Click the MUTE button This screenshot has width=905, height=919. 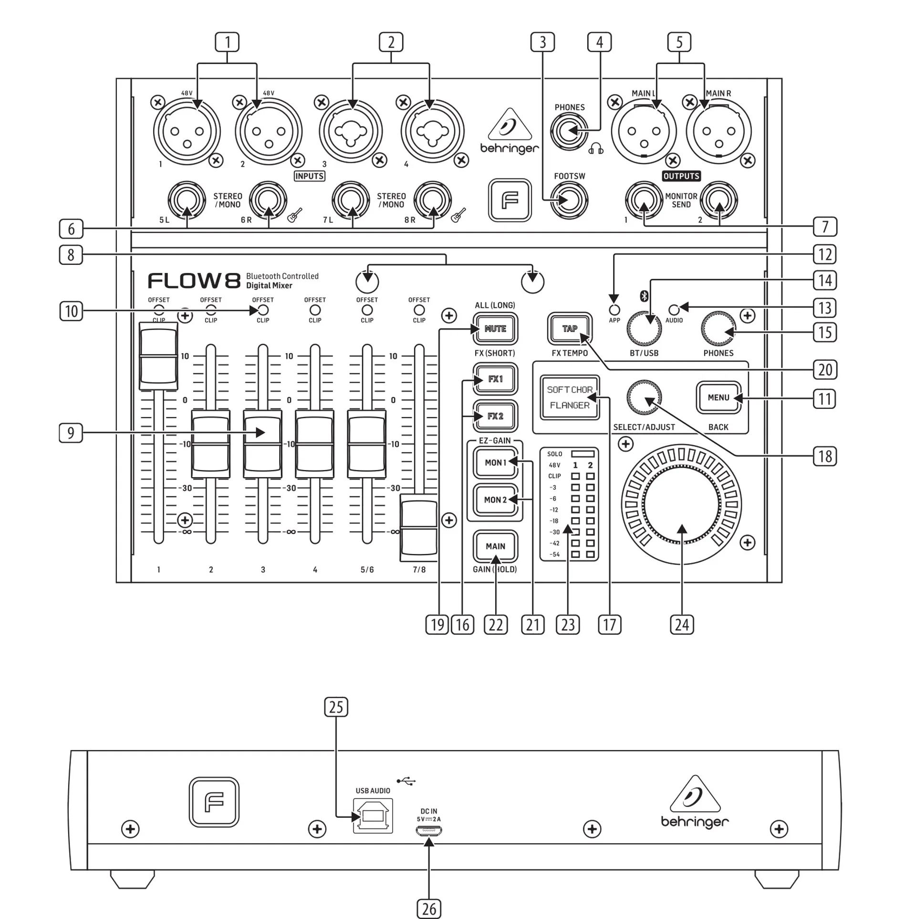pos(495,328)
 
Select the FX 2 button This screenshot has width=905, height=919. pos(495,416)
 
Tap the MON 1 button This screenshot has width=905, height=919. pos(495,462)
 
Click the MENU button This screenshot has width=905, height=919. pos(718,397)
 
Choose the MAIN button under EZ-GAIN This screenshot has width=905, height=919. pos(495,546)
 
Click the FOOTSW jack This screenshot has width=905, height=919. pos(569,200)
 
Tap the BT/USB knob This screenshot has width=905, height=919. pos(644,329)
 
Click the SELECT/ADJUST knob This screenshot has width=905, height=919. pos(644,397)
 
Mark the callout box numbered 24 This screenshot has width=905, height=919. pos(682,625)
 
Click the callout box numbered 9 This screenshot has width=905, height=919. pos(71,433)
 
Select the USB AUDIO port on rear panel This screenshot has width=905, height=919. pos(373,816)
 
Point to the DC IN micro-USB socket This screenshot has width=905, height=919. pos(428,831)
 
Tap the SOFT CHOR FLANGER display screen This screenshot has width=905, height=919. pos(569,397)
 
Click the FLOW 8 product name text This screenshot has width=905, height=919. pos(194,281)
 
